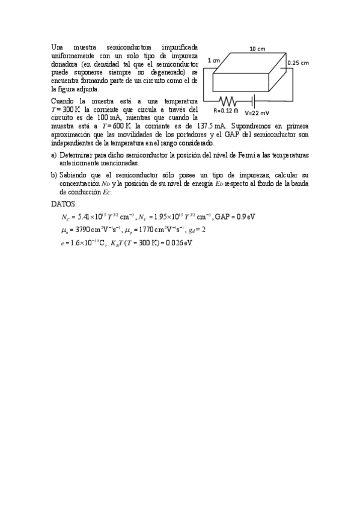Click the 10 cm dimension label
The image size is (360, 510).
pyautogui.click(x=257, y=49)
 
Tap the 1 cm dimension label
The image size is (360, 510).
pyautogui.click(x=213, y=61)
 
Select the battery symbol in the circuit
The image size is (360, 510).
pyautogui.click(x=254, y=100)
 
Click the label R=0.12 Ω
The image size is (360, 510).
pyautogui.click(x=226, y=111)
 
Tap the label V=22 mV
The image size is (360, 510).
pyautogui.click(x=257, y=112)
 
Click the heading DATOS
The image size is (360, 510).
pyautogui.click(x=64, y=204)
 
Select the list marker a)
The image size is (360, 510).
pyautogui.click(x=55, y=155)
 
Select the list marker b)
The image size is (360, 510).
pyautogui.click(x=55, y=175)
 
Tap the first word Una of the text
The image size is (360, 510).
pyautogui.click(x=58, y=46)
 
